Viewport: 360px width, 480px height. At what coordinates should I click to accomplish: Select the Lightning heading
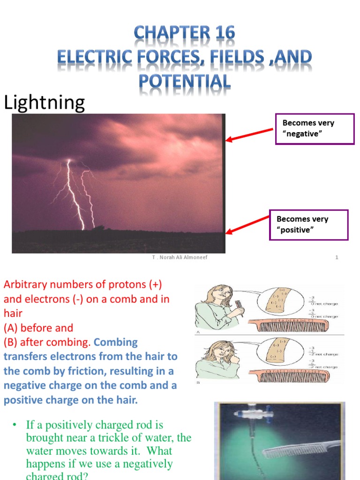[x=44, y=103]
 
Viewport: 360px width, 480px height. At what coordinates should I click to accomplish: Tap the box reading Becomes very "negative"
[x=314, y=128]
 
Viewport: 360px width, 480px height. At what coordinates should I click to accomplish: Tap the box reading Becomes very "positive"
[x=308, y=225]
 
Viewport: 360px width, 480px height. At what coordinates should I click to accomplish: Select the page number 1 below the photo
[x=337, y=257]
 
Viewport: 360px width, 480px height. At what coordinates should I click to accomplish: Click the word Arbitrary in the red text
[x=24, y=285]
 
